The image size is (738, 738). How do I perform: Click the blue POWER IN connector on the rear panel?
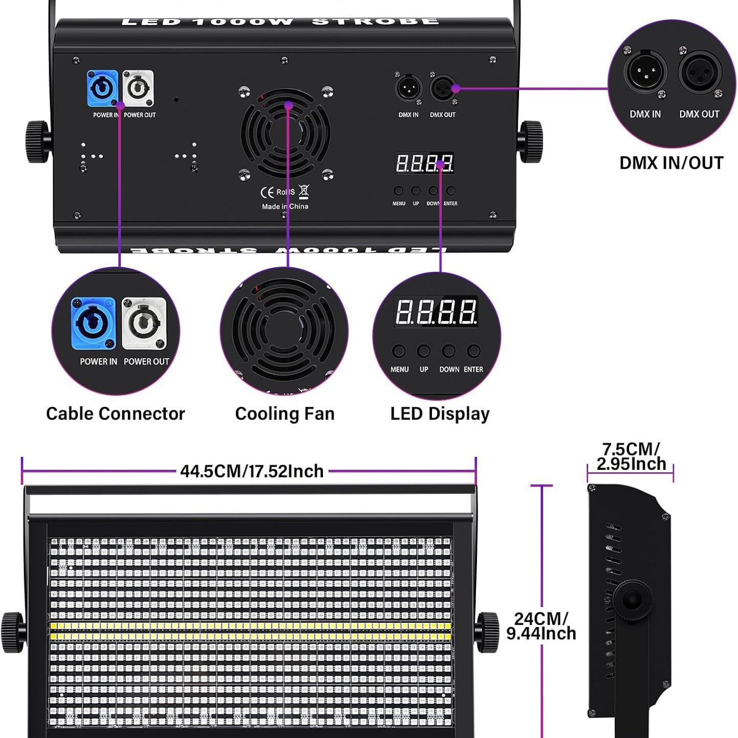click(x=102, y=89)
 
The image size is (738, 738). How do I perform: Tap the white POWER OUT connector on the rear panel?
click(x=138, y=89)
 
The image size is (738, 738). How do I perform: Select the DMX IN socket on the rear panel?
click(x=408, y=89)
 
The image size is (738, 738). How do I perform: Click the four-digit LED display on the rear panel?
click(x=424, y=163)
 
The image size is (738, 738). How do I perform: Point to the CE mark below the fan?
click(x=267, y=192)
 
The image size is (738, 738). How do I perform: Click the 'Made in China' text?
click(x=285, y=206)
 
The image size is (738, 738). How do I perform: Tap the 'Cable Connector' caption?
click(x=115, y=414)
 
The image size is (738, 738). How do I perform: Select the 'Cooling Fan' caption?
click(x=285, y=414)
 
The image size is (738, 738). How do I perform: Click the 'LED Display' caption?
click(x=440, y=414)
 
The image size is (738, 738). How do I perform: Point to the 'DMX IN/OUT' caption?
click(x=671, y=163)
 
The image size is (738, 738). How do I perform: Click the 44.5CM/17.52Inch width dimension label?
click(x=252, y=471)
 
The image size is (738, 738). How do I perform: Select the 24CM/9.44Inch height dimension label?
click(x=541, y=626)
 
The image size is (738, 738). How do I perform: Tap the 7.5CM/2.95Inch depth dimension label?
click(x=631, y=457)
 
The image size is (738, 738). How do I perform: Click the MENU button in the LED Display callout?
click(x=399, y=351)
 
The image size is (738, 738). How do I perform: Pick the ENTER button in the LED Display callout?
click(x=474, y=351)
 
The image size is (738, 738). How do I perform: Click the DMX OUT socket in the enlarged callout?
click(x=700, y=72)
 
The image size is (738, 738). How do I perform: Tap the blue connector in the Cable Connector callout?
click(x=93, y=323)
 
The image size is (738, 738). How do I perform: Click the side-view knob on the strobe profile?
click(x=633, y=599)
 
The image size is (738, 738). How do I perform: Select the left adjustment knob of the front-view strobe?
click(x=13, y=633)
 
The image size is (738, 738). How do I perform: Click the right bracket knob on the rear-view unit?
click(x=531, y=141)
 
